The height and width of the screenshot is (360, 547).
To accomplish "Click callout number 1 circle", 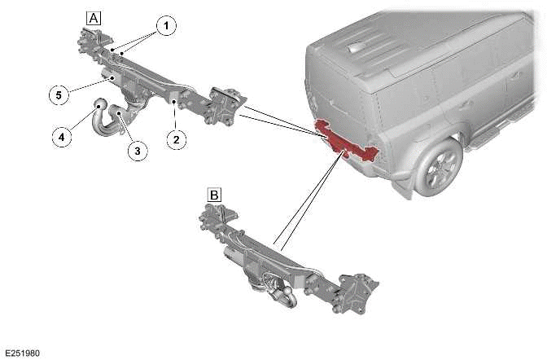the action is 166,26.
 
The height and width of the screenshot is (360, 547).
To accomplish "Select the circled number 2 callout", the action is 176,139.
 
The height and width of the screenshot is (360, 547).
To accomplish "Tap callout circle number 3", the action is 138,151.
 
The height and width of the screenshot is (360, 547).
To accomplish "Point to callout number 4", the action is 62,137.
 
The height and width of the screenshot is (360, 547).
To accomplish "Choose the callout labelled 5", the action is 59,94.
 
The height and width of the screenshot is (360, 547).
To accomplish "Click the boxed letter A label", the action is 94,18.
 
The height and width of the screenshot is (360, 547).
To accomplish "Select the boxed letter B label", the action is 214,195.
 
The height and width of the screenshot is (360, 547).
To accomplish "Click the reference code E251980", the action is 22,353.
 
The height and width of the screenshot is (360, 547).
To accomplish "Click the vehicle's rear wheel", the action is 440,168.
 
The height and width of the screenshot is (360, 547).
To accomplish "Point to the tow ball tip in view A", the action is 101,104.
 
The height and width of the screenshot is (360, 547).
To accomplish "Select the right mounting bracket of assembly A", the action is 223,108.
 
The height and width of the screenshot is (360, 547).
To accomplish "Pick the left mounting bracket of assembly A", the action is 94,41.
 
